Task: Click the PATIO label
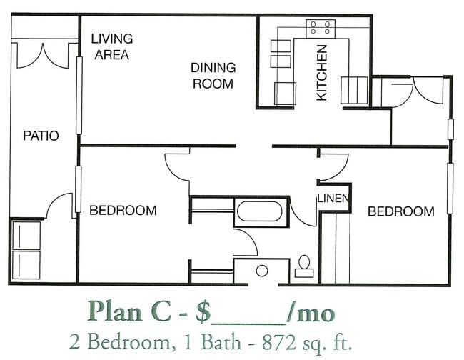point(41,136)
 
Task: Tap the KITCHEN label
point(322,73)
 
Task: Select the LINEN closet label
point(333,199)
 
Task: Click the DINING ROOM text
point(213,76)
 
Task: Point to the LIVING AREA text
point(112,46)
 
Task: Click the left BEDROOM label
point(123,211)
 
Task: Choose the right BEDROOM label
point(401,211)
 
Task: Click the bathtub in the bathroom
point(260,211)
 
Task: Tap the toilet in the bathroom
point(304,266)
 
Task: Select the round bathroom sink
point(262,271)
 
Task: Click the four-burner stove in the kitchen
point(321,29)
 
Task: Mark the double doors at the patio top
point(44,56)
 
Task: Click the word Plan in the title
point(115,311)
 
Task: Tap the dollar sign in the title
point(203,312)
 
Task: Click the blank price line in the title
point(249,324)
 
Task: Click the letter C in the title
point(161,311)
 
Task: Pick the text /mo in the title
point(311,312)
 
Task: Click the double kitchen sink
point(281,54)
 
